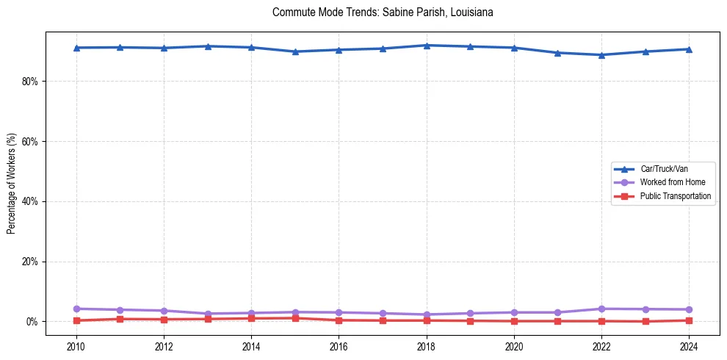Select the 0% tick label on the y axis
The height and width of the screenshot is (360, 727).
[x=32, y=322]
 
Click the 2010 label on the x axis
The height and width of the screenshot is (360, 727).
[x=76, y=346]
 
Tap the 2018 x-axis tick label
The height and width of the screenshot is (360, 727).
[x=427, y=346]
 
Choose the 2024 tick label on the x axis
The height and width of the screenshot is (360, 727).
[x=689, y=346]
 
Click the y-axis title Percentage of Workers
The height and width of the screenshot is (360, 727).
[x=12, y=180]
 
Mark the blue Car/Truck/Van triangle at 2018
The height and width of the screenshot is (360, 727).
[x=427, y=46]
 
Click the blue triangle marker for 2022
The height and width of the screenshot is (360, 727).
[x=601, y=54]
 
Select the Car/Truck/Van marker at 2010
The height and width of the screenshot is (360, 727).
[x=76, y=48]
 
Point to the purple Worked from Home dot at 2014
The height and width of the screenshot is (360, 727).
[x=251, y=313]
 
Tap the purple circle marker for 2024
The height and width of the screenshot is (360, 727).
[x=689, y=309]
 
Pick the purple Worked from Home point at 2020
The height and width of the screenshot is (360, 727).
[x=514, y=312]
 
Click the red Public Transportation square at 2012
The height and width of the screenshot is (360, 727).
[x=164, y=320]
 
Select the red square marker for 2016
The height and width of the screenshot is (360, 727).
[x=339, y=320]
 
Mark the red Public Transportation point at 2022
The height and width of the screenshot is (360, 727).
[x=601, y=321]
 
